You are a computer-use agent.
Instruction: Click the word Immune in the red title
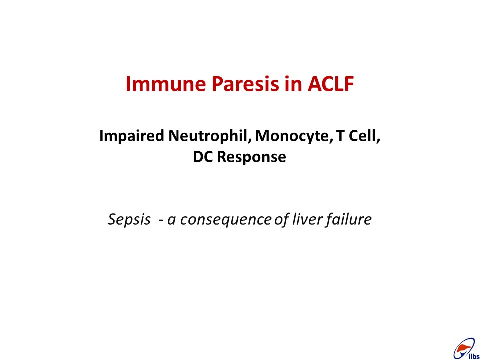(x=165, y=84)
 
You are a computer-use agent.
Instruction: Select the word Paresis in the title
(x=245, y=84)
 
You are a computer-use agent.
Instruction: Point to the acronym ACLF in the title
(x=331, y=84)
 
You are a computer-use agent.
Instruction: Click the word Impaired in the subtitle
(x=132, y=136)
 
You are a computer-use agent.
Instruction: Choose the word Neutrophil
(x=210, y=136)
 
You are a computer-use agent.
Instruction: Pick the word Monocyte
(x=294, y=136)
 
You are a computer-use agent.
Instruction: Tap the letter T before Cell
(x=340, y=136)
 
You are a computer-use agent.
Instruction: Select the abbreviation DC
(x=203, y=157)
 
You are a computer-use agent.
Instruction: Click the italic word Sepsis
(x=129, y=220)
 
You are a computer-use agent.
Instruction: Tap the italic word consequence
(x=226, y=220)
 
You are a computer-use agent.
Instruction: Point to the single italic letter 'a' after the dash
(x=171, y=221)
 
